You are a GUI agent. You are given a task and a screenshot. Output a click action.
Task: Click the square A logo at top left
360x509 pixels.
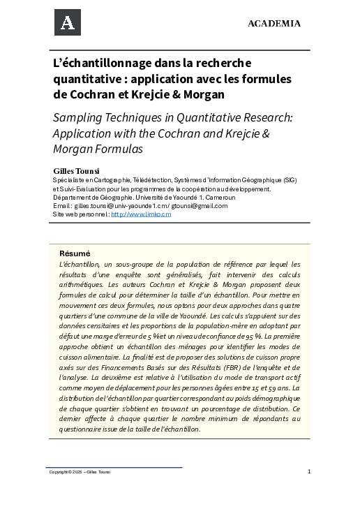coord(68,22)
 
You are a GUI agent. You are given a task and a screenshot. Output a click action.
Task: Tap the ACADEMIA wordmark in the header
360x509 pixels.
coord(274,24)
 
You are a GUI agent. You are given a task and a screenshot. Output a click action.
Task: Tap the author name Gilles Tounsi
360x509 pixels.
coord(77,170)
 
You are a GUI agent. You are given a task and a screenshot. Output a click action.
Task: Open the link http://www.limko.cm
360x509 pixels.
coord(141,214)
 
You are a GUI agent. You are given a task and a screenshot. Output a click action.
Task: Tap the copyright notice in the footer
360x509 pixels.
coord(80,472)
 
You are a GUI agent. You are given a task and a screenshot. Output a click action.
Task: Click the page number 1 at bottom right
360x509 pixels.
coord(308,471)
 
